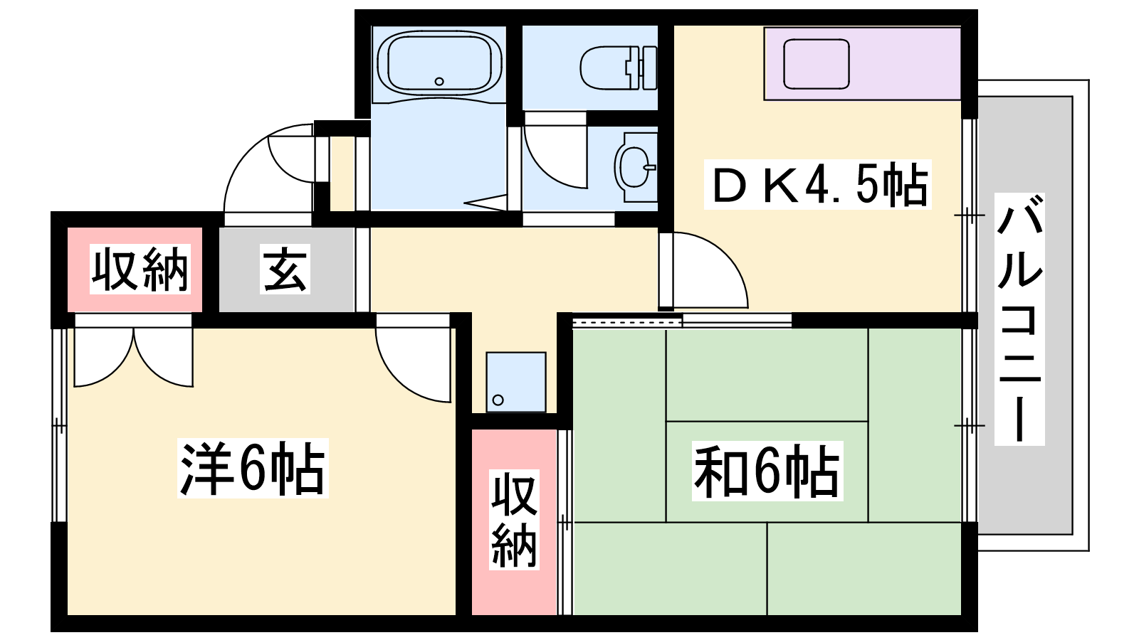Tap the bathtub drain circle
439,81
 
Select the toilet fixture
619,68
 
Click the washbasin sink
636,167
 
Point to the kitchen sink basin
817,65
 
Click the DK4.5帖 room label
817,184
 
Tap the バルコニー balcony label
1019,319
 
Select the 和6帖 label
767,471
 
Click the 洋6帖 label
253,468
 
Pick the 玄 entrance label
285,269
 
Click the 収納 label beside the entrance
140,269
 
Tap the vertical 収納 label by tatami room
514,519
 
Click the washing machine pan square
516,382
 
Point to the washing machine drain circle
498,400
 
